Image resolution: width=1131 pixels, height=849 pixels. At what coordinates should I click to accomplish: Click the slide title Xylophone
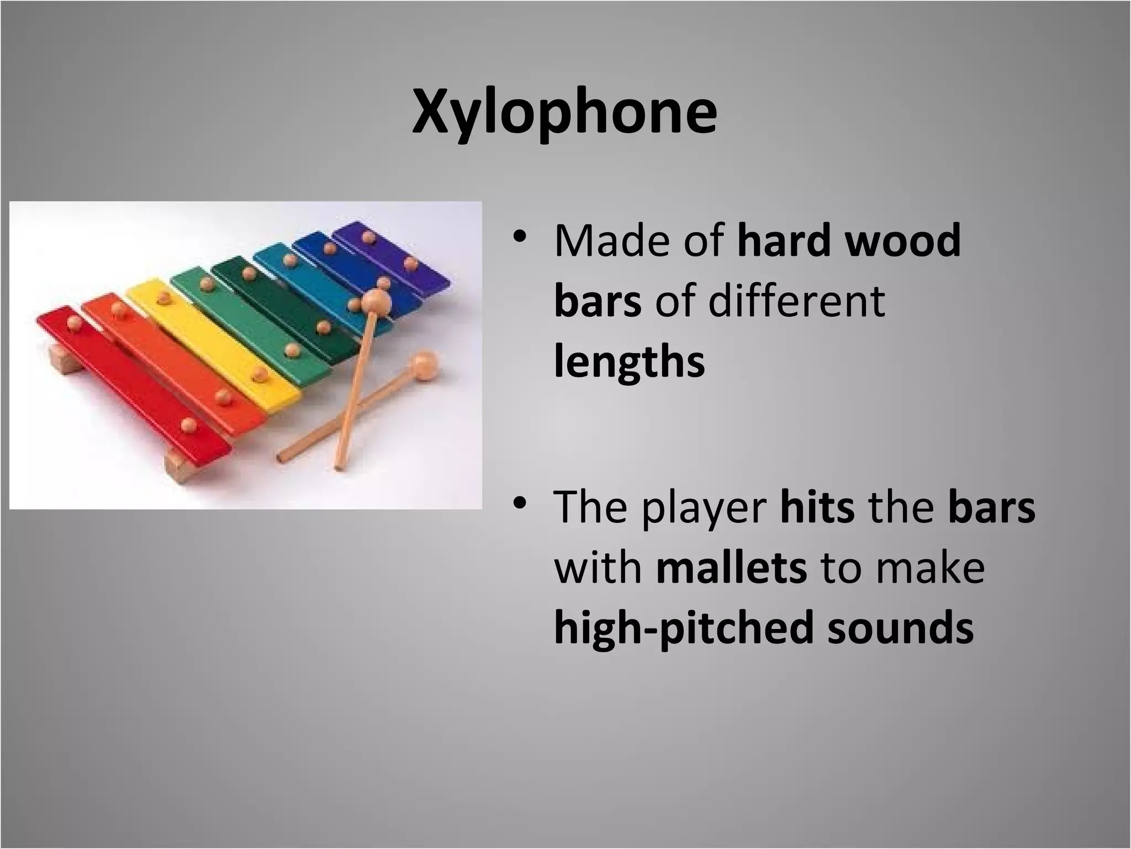(564, 113)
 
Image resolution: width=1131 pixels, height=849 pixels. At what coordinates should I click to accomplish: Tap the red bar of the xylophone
(133, 381)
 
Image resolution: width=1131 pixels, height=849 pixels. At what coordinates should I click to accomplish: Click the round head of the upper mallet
(376, 302)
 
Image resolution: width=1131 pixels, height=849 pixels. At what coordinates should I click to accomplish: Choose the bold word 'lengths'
(630, 363)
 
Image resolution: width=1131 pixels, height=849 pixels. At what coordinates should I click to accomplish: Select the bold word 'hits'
(817, 507)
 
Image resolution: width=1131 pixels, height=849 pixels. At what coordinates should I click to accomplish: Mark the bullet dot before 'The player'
(519, 504)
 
